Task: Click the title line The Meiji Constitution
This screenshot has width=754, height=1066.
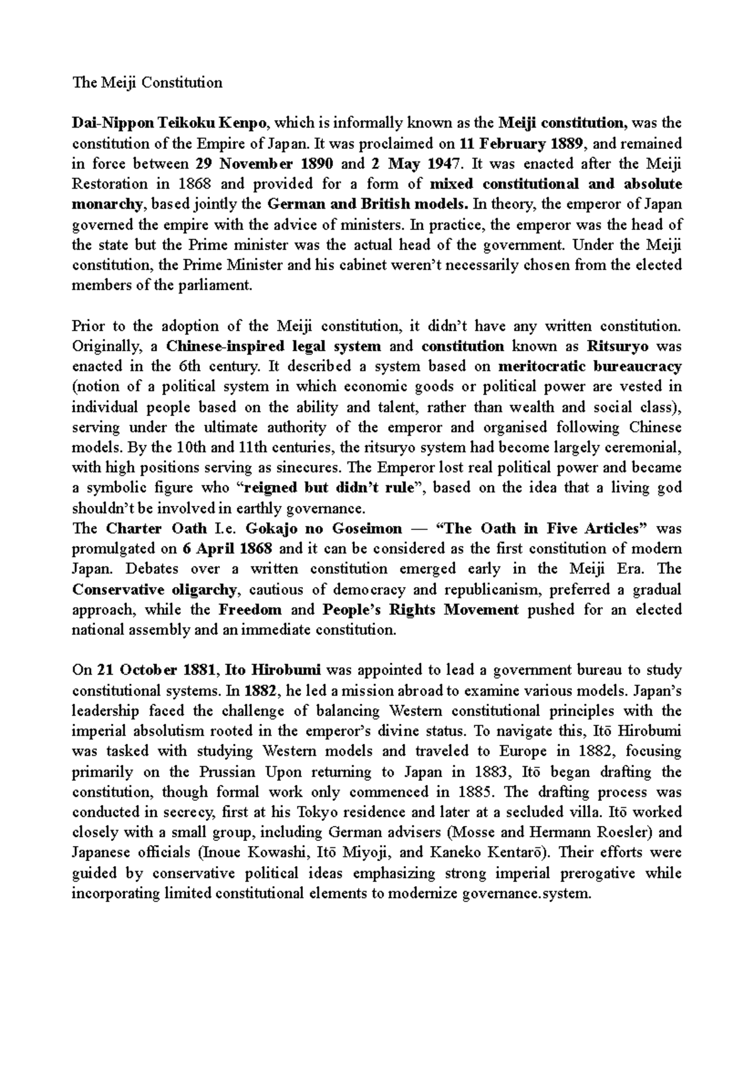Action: (147, 82)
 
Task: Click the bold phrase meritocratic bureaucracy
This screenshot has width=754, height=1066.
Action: (589, 366)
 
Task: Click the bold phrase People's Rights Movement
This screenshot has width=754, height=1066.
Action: (420, 610)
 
